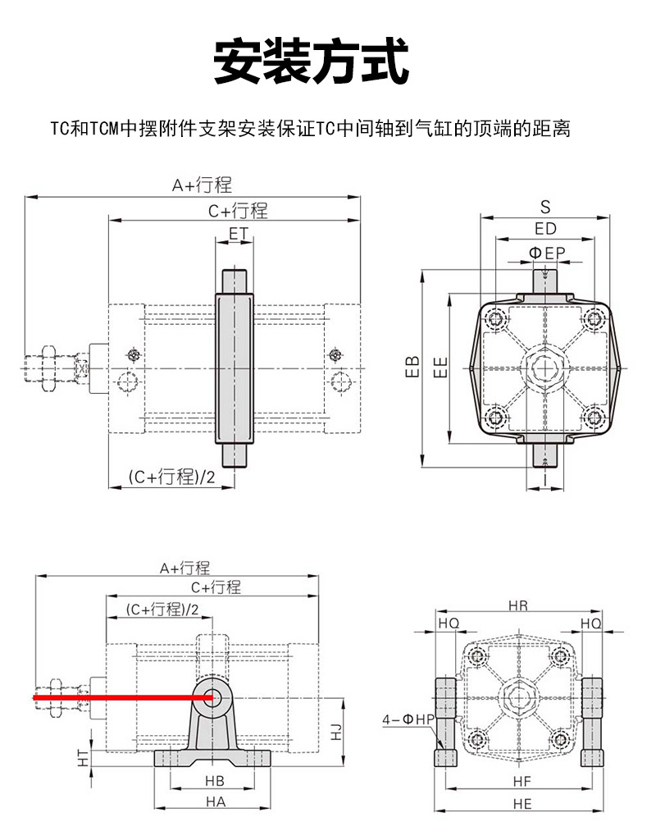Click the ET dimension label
click(238, 234)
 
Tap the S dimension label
click(545, 206)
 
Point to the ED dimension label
click(545, 229)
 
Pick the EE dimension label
click(440, 367)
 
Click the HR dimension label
click(518, 606)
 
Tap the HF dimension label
click(522, 782)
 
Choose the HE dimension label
click(522, 804)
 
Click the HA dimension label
click(215, 802)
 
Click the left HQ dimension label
click(449, 623)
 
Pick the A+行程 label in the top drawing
click(202, 185)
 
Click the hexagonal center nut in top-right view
click(544, 368)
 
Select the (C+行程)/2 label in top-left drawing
click(171, 477)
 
